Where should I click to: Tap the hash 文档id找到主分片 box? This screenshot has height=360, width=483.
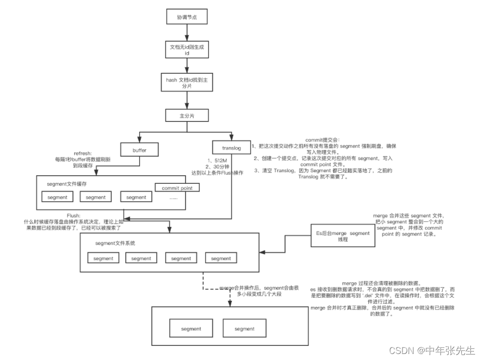186,82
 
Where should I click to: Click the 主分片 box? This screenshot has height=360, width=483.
186,115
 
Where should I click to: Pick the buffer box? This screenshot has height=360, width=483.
139,149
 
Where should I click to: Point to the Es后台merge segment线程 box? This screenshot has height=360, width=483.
342,236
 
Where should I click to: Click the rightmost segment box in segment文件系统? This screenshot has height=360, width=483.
221,259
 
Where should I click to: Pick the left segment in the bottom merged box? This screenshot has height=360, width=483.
191,329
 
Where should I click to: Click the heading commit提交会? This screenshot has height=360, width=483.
322,140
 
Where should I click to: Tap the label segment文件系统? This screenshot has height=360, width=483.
115,243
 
